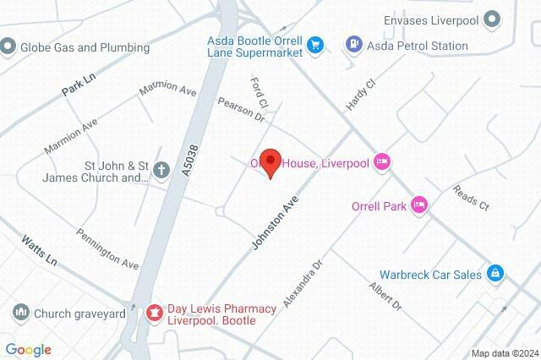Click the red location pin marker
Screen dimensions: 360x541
(270, 162)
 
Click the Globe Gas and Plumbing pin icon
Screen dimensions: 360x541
(9, 46)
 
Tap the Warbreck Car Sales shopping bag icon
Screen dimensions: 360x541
(496, 274)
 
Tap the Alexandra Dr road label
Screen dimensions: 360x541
(304, 284)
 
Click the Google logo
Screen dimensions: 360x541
(28, 350)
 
